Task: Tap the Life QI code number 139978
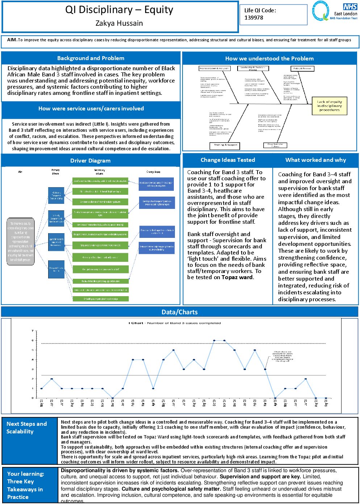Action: (x=254, y=17)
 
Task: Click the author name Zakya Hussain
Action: (x=119, y=23)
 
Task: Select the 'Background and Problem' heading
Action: (x=91, y=58)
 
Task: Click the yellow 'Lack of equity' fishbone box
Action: (x=329, y=106)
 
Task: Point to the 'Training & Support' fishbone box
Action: (x=226, y=145)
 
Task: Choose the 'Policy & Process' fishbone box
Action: (x=302, y=68)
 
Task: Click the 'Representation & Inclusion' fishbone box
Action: (x=214, y=68)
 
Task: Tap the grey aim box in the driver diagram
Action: (x=21, y=241)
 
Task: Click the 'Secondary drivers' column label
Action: (x=100, y=171)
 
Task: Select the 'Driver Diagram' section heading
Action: (x=90, y=160)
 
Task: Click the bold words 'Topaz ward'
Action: (x=237, y=277)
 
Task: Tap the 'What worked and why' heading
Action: (x=315, y=160)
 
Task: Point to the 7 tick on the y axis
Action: (x=32, y=331)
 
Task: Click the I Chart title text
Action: (x=175, y=323)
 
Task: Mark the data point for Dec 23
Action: (x=113, y=398)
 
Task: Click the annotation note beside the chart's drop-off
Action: (x=282, y=356)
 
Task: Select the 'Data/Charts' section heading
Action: (x=180, y=312)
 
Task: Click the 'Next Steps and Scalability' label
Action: (x=26, y=428)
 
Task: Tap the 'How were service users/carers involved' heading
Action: (x=91, y=108)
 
